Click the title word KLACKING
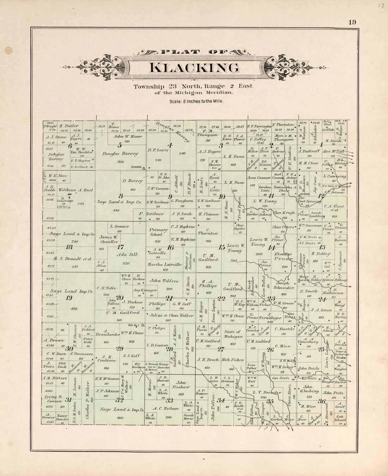point(194,68)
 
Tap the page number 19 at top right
point(352,22)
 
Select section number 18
point(69,247)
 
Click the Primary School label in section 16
point(157,232)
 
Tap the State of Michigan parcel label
point(232,334)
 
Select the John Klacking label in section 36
point(311,389)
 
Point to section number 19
point(69,298)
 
